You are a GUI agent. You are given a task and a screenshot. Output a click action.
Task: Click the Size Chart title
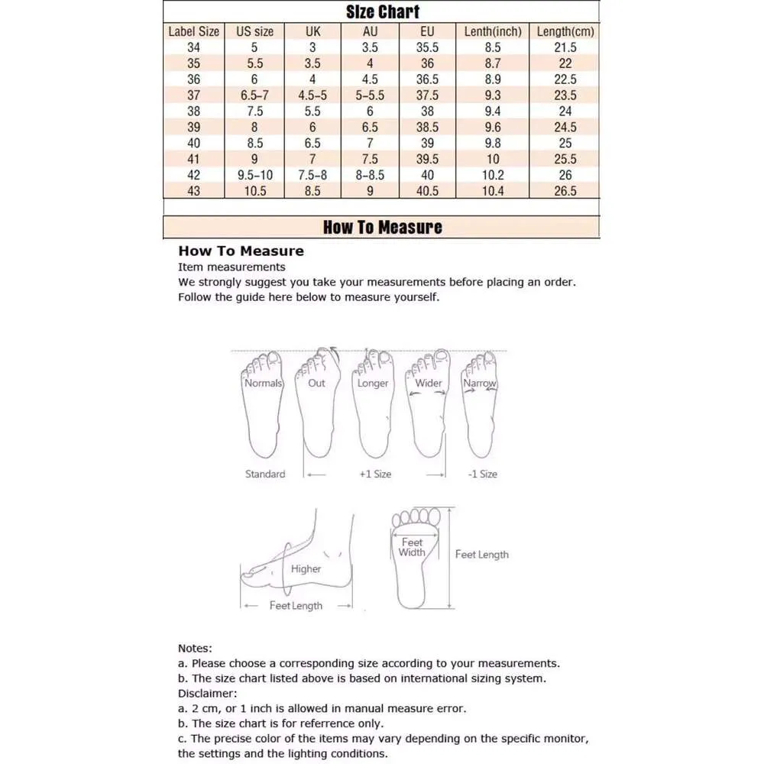click(x=382, y=11)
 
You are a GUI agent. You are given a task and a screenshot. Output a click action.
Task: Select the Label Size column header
click(x=193, y=31)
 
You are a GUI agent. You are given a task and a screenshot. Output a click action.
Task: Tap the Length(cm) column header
click(x=565, y=31)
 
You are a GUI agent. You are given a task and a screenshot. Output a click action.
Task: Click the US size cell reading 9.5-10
click(x=254, y=175)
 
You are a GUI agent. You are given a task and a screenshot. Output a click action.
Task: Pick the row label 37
click(x=193, y=95)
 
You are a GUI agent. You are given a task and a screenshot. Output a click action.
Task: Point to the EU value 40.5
click(x=427, y=191)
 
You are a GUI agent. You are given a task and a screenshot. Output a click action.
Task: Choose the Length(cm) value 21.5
click(x=565, y=47)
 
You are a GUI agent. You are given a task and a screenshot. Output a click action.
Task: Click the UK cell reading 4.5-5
click(x=312, y=95)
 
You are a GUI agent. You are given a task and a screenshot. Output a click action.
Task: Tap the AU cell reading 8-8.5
click(x=370, y=175)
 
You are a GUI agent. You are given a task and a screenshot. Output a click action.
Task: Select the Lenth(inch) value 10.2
click(x=493, y=175)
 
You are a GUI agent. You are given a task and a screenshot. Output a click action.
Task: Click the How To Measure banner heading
click(x=382, y=227)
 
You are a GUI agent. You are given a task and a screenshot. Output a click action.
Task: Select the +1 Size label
click(x=375, y=474)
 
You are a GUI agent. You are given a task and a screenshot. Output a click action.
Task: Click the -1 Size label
click(x=482, y=474)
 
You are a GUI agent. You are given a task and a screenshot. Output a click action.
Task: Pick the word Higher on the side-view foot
click(x=306, y=568)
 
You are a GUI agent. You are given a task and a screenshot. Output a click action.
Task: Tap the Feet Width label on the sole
click(x=412, y=547)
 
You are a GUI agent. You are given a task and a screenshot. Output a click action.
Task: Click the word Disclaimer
click(x=207, y=693)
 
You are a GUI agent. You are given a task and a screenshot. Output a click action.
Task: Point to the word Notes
click(x=195, y=648)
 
